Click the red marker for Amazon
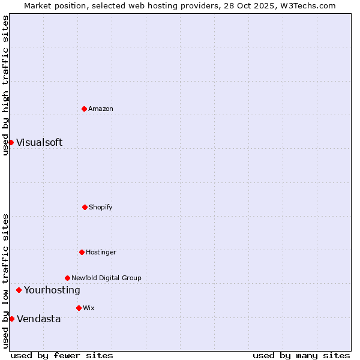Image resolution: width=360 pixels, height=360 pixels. (x=84, y=109)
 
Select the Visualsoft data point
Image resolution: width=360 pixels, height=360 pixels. (x=11, y=142)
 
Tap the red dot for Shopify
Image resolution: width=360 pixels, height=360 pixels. (x=85, y=207)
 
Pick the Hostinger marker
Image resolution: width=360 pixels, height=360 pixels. (x=82, y=252)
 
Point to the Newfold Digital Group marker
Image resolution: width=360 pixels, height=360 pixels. (x=67, y=278)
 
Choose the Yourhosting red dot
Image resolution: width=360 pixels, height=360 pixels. (x=19, y=290)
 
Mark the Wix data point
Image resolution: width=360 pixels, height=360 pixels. (x=79, y=308)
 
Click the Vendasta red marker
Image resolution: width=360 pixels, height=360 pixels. (x=11, y=319)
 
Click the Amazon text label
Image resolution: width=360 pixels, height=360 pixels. (x=101, y=109)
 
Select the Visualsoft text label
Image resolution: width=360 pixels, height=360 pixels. (x=39, y=142)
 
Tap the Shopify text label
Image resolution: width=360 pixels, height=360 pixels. (x=101, y=207)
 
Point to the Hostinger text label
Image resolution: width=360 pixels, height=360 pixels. (x=101, y=252)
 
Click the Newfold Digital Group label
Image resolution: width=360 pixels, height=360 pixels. (x=106, y=278)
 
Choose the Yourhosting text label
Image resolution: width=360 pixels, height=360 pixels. (x=52, y=290)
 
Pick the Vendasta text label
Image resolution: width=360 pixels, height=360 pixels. (x=38, y=319)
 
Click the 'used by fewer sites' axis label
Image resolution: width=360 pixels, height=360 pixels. (x=62, y=355)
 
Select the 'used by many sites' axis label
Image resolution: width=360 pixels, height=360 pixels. (x=301, y=355)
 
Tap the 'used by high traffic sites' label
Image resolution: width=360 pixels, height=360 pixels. (x=5, y=85)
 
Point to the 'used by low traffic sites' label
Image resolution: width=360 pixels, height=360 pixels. (x=5, y=281)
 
